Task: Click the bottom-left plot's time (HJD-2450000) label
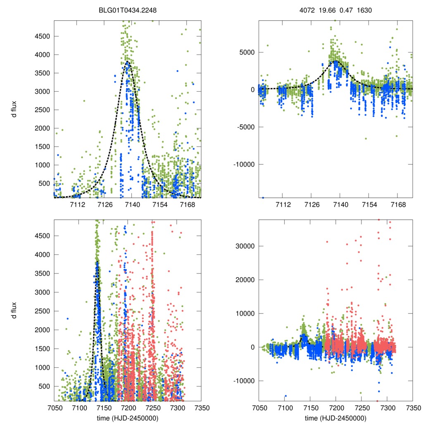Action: pyautogui.click(x=128, y=418)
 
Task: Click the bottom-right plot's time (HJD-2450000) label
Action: pyautogui.click(x=335, y=418)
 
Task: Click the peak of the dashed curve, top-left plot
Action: pyautogui.click(x=128, y=62)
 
